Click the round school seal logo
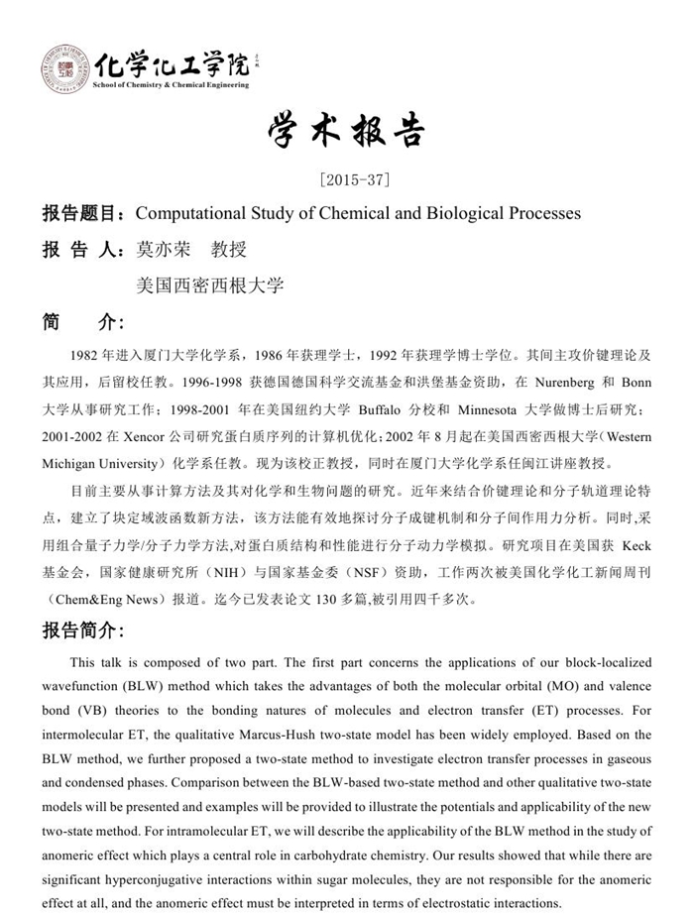point(64,68)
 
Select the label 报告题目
point(83,213)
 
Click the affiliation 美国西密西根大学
point(210,285)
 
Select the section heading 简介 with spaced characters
point(83,321)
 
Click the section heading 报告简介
point(83,630)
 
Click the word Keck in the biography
point(636,544)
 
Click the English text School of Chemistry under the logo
point(129,86)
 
